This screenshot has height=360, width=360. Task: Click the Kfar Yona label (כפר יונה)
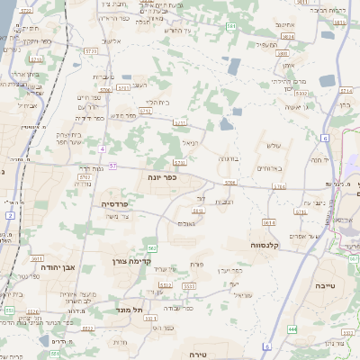(x=163, y=178)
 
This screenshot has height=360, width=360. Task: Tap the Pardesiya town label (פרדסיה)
(x=114, y=204)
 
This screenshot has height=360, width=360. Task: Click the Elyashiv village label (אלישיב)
(x=112, y=41)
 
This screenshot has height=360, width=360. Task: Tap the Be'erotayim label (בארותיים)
(x=268, y=168)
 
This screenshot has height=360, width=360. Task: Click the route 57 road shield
(x=112, y=166)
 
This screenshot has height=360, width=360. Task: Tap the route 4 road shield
(x=103, y=148)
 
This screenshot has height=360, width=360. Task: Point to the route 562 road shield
(x=152, y=247)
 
